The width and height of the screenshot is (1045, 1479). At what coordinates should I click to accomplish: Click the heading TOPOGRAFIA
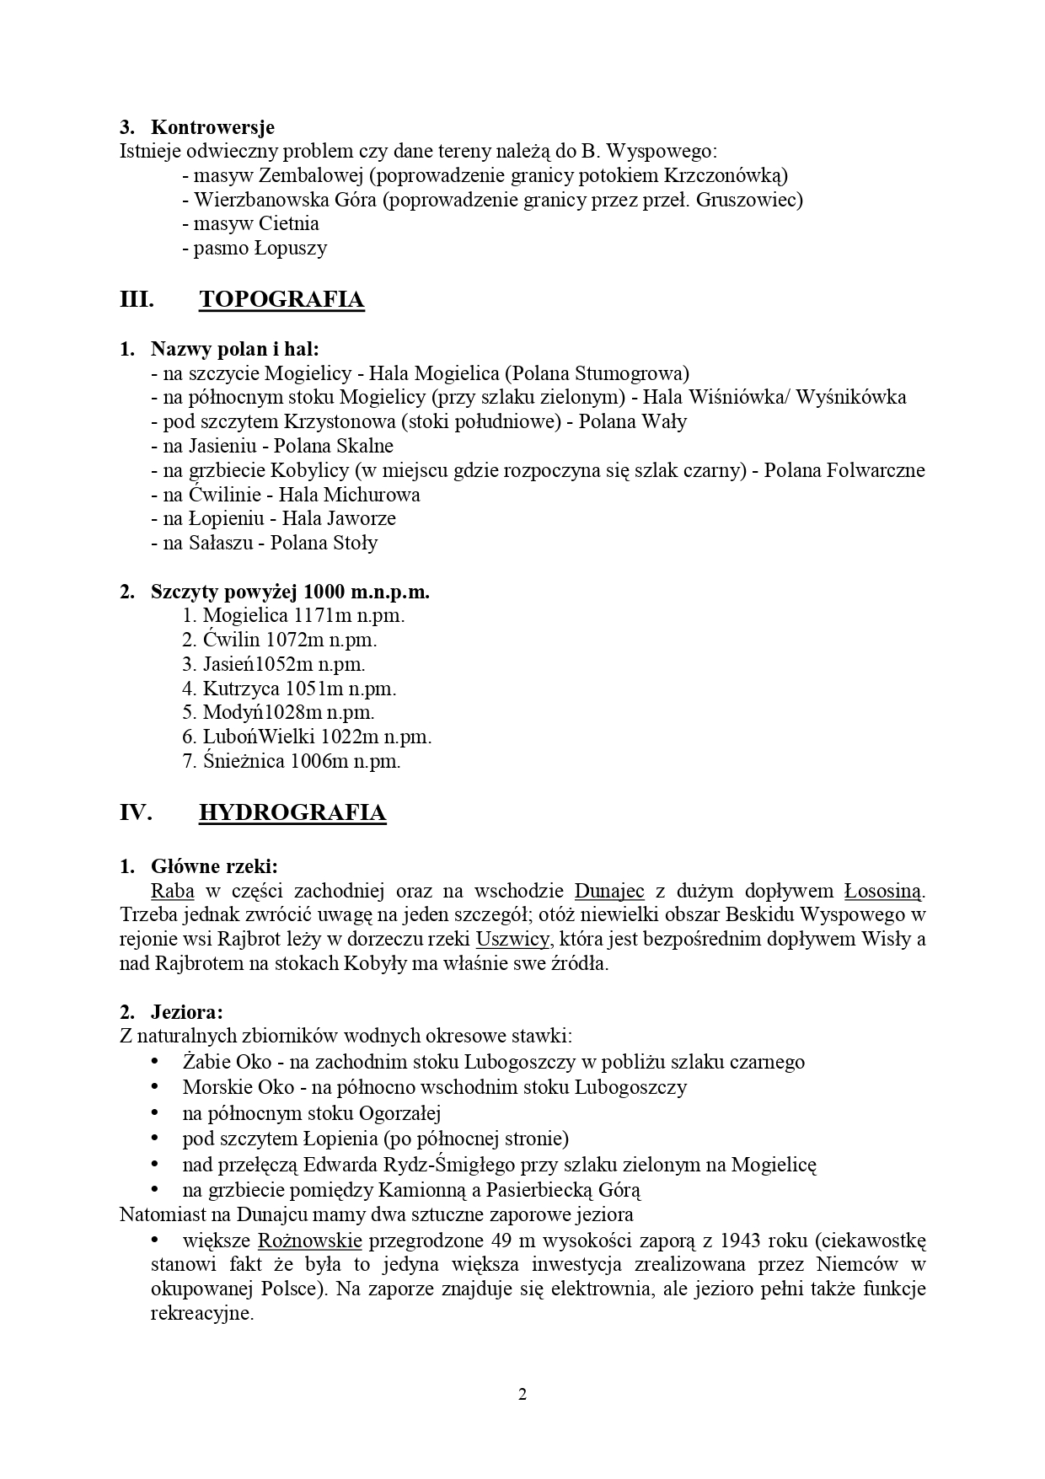point(281,300)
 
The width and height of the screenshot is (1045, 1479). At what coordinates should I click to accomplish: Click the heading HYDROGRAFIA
point(292,812)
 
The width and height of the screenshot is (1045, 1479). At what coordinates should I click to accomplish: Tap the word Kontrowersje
point(212,127)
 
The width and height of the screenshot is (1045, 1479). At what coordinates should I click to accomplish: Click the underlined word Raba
point(173,891)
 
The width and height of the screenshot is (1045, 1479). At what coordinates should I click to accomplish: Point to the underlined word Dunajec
point(609,891)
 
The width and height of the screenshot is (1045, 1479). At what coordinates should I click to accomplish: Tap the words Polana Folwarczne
point(844,470)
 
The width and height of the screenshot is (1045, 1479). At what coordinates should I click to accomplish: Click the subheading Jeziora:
point(186,1011)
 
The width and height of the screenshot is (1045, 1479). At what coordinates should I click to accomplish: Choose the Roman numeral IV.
point(136,812)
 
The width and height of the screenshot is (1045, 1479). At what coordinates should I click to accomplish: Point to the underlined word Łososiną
point(884,891)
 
